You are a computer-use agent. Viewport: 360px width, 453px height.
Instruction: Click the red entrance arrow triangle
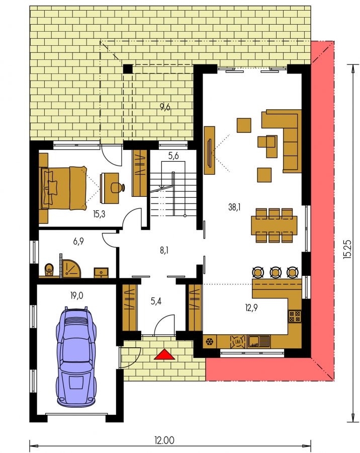click(x=164, y=354)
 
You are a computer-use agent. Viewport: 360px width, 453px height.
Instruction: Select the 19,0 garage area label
click(x=76, y=295)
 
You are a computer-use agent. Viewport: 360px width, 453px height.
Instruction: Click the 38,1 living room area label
click(x=234, y=207)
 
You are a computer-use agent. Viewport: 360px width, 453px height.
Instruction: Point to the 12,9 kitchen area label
click(x=251, y=308)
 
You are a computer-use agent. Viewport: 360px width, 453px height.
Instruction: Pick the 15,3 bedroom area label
click(x=99, y=214)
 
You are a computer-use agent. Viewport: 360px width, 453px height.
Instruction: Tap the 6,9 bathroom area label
click(x=78, y=241)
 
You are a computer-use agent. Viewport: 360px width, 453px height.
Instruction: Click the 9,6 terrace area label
click(x=165, y=108)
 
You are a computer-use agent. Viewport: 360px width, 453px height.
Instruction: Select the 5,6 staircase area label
click(x=173, y=156)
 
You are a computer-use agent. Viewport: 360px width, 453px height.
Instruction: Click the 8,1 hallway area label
click(x=164, y=251)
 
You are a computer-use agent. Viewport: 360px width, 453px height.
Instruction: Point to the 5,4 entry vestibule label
click(x=156, y=301)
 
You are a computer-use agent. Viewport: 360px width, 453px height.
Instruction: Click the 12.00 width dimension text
click(x=164, y=440)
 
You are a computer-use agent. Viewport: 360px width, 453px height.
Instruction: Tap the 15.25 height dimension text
click(x=347, y=249)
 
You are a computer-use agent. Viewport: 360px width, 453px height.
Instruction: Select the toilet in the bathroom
click(x=49, y=270)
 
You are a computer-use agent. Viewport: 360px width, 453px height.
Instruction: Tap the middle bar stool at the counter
click(x=276, y=272)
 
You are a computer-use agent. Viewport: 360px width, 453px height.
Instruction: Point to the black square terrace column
click(x=128, y=69)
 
